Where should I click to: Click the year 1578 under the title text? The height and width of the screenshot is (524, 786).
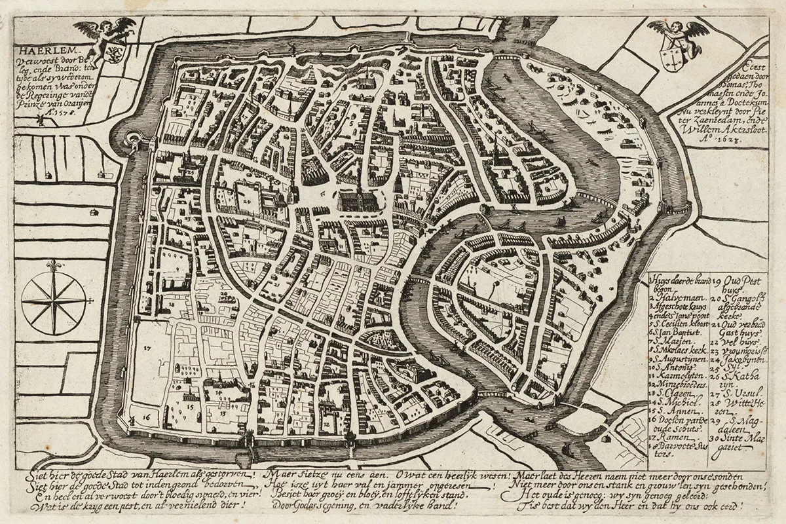(x=60, y=112)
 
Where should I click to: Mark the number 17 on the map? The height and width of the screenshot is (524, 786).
(x=147, y=348)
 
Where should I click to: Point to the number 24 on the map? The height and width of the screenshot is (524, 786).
(x=247, y=202)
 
